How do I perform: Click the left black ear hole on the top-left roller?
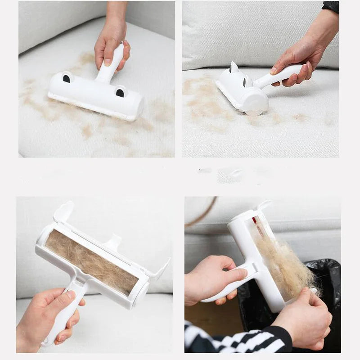pyautogui.click(x=66, y=78)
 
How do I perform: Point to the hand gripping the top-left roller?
pyautogui.click(x=110, y=45)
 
